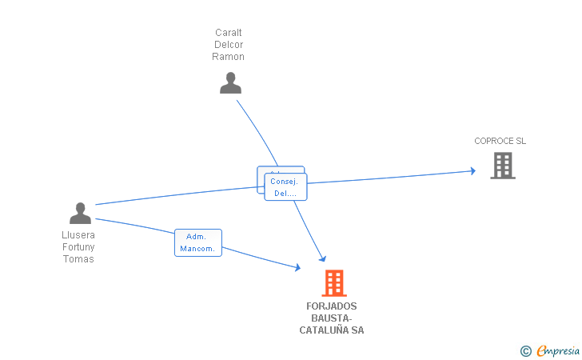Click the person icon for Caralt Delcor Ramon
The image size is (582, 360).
tap(230, 82)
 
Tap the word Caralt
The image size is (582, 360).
tap(228, 33)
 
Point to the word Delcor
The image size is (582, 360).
tap(228, 45)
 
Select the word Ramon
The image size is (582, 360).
tap(228, 57)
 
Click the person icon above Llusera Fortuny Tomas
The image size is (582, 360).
tap(80, 213)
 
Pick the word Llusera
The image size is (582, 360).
tap(78, 235)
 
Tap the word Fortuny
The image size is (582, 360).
tap(78, 247)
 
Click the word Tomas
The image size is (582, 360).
tap(78, 259)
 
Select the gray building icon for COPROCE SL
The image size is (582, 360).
tap(502, 166)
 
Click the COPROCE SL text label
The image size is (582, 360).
tap(500, 141)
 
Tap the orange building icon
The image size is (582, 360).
tap(334, 282)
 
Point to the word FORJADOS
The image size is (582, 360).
tap(331, 306)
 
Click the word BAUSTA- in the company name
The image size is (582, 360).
tap(331, 318)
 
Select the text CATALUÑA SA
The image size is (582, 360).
tap(331, 330)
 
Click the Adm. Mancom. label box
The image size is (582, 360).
tap(197, 242)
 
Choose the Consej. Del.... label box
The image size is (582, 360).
tap(286, 187)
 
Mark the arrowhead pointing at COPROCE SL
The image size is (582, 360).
tap(472, 171)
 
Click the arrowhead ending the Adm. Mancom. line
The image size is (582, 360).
tap(297, 268)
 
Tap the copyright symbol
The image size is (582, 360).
tap(525, 350)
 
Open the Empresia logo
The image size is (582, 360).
tap(558, 350)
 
